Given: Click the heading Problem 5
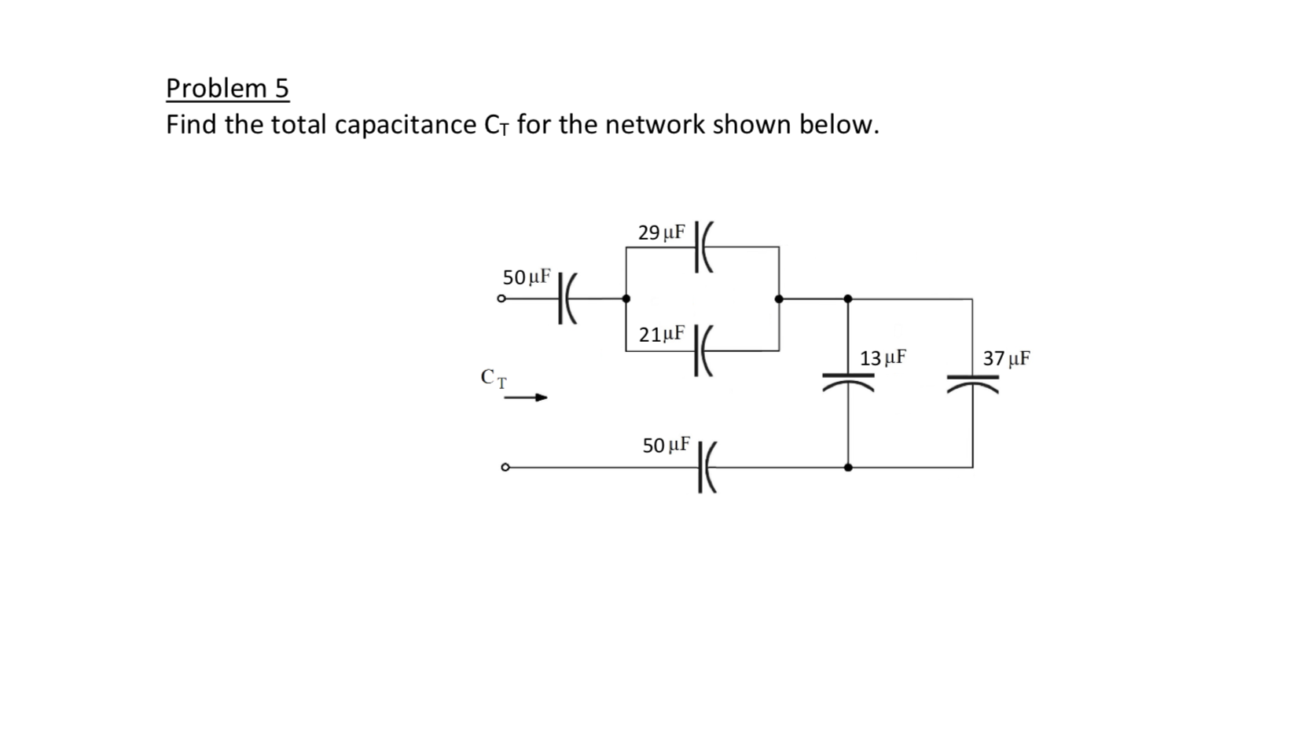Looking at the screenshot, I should [227, 88].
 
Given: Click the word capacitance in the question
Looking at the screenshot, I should [405, 124].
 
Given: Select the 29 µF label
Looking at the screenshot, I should [661, 233].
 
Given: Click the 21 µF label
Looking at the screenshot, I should [661, 335].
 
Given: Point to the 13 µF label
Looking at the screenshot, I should [883, 358].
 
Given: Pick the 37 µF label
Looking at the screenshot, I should [1006, 358].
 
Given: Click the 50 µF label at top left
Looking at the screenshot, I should [527, 277].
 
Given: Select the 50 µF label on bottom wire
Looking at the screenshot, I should [666, 445].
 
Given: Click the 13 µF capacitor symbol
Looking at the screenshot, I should [847, 381].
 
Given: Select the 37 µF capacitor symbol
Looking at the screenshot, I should [972, 381].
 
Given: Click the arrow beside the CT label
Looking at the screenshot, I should [526, 398].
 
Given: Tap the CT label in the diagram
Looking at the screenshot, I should [494, 379].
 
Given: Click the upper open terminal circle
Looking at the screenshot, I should [501, 299].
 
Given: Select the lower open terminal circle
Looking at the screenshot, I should [505, 467].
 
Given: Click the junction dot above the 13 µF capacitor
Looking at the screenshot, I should [847, 299].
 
